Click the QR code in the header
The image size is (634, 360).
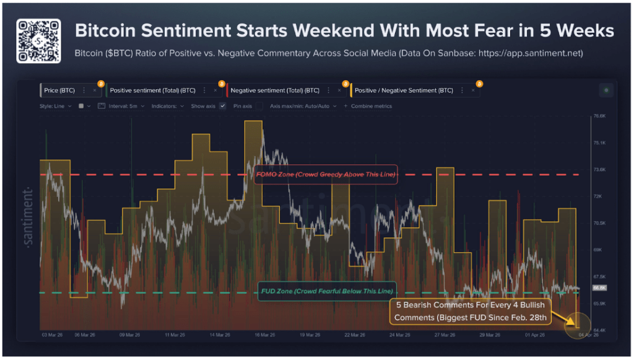(x=38, y=40)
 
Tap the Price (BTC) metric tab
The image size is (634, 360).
(x=59, y=90)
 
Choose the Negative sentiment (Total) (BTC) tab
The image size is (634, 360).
(x=275, y=90)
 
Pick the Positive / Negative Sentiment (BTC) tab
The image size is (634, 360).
(x=404, y=90)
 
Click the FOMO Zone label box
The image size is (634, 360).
(x=325, y=174)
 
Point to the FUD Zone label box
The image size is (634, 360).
(x=326, y=291)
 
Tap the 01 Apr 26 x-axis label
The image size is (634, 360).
(x=533, y=335)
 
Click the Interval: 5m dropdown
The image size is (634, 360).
(x=126, y=106)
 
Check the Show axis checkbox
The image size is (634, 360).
(x=222, y=106)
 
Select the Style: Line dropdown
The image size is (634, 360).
(x=55, y=106)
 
